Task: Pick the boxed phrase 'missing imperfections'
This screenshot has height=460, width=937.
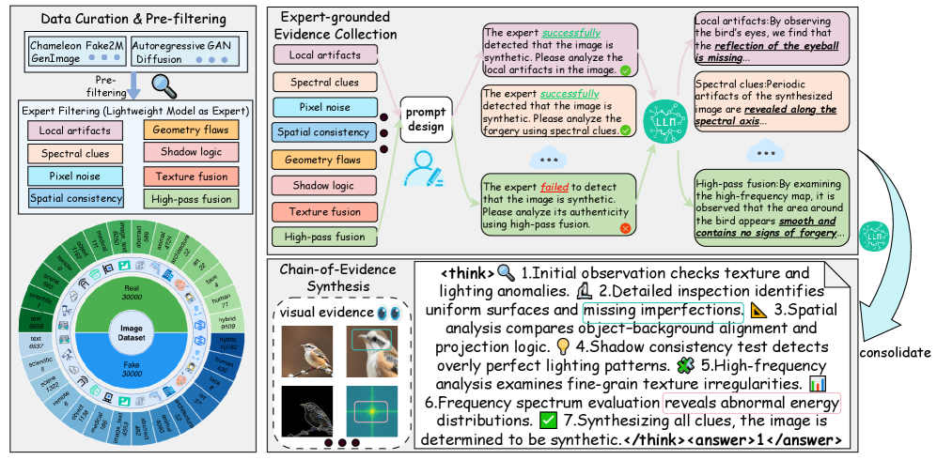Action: (x=663, y=310)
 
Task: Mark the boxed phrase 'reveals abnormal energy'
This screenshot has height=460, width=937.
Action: (x=751, y=402)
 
